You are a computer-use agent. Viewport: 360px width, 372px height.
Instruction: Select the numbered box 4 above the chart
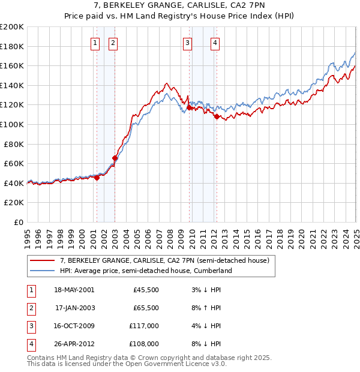[x=215, y=43]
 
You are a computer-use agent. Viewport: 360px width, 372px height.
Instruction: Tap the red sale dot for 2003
[x=115, y=158]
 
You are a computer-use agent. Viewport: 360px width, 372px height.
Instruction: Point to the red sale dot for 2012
[x=217, y=117]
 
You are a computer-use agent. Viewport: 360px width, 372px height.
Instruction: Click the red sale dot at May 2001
[x=97, y=178]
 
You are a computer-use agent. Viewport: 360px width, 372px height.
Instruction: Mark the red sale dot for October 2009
[x=189, y=108]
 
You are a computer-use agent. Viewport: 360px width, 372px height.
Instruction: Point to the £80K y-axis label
[x=14, y=144]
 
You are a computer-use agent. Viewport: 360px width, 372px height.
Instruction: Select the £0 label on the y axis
[x=19, y=222]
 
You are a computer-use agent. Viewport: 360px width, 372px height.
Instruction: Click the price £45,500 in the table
[x=146, y=289]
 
